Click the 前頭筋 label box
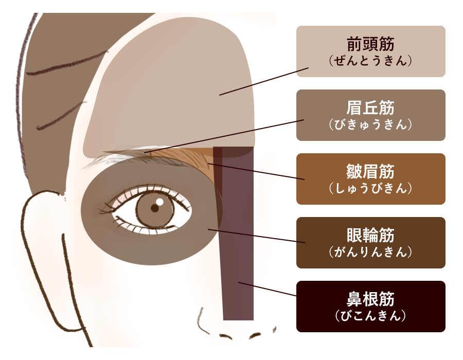click(x=370, y=51)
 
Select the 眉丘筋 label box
click(x=370, y=115)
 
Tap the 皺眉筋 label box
click(x=370, y=179)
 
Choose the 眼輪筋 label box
click(x=370, y=243)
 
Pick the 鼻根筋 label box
click(x=370, y=307)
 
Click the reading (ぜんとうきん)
click(x=370, y=61)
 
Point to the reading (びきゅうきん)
click(x=370, y=124)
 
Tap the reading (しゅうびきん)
click(x=370, y=188)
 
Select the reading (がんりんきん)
click(x=370, y=252)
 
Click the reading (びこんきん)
click(x=370, y=316)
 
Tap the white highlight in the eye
click(x=160, y=202)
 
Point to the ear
click(x=44, y=242)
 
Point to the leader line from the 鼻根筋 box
click(x=268, y=289)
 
